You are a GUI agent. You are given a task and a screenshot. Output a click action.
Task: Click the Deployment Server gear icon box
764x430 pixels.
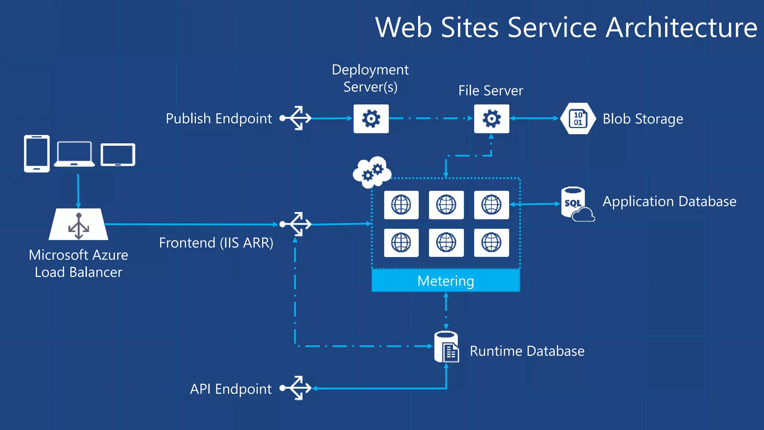point(371,119)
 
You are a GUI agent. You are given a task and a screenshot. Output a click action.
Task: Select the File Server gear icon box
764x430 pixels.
point(491,119)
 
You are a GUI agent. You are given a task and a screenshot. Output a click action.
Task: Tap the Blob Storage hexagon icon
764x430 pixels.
point(578,119)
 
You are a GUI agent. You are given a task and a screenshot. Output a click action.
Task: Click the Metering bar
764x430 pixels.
point(445,281)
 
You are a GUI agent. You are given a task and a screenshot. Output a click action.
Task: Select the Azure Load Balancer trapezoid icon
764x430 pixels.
point(78,225)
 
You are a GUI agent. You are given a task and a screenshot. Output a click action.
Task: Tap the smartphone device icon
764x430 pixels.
point(37,153)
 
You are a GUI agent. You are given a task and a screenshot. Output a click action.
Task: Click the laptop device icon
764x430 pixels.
point(74,154)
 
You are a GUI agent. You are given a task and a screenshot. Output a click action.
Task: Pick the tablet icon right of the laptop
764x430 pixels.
point(118,155)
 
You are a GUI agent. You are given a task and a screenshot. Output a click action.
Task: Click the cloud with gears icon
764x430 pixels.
point(372,172)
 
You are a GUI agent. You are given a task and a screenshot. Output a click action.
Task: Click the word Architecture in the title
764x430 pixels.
point(681,28)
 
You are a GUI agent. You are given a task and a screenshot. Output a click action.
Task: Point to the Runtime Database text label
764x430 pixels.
point(527,351)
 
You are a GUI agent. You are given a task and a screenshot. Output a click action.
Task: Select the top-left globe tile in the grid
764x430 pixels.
point(401,205)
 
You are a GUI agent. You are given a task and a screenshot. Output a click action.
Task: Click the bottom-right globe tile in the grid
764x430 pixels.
point(491,243)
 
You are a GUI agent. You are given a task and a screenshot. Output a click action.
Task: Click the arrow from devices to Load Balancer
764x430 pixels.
point(78,190)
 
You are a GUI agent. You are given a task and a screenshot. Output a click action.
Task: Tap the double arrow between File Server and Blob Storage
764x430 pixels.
point(534,118)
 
